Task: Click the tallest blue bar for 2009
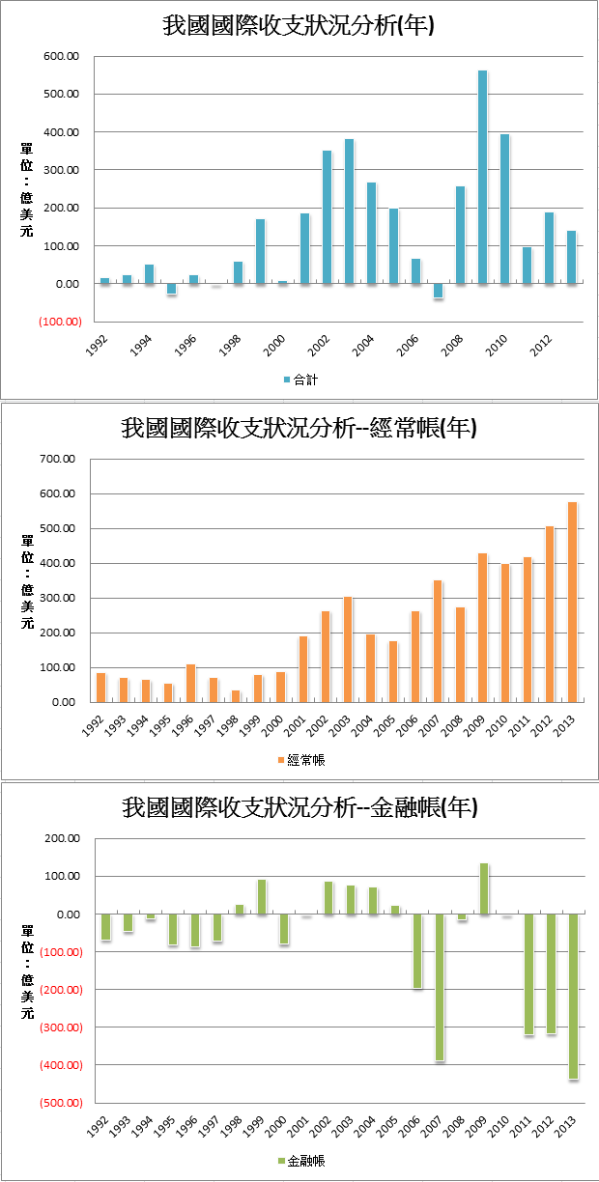pos(482,178)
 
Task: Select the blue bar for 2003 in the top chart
pos(349,211)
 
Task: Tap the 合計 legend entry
pos(301,380)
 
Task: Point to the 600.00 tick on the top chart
pos(60,56)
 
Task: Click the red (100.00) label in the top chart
pos(60,322)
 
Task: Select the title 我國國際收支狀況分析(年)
pos(299,26)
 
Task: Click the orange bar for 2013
pos(572,603)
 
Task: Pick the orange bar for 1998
pos(236,696)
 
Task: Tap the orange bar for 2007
pos(438,641)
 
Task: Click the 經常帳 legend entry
pos(301,760)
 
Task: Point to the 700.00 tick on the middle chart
pos(60,459)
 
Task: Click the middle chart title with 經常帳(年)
pos(299,428)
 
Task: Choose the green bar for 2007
pos(439,988)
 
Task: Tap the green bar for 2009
pos(483,888)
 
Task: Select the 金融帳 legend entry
pos(301,1161)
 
